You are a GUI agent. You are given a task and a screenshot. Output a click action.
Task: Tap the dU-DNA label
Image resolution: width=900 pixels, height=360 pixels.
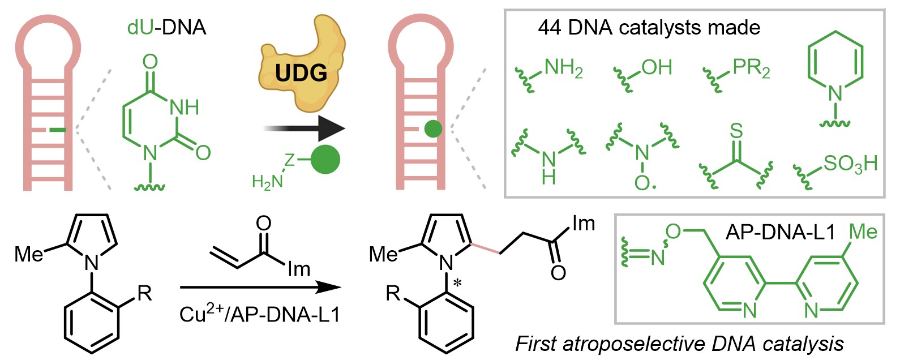166,27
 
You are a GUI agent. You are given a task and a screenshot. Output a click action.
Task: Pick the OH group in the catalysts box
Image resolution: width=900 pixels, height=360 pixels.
657,68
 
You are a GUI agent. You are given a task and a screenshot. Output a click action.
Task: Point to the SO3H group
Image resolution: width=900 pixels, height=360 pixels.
850,164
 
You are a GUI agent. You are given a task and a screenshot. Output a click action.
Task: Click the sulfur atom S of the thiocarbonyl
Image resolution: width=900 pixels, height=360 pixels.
735,131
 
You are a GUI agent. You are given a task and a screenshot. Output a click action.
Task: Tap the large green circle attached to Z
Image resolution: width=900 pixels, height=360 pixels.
325,160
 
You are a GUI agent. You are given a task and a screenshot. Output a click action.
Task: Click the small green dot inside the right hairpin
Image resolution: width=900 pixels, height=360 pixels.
433,129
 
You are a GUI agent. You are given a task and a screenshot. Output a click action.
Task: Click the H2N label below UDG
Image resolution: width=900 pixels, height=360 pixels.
267,181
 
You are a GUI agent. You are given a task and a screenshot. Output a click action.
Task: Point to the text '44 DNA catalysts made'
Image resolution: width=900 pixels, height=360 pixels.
649,28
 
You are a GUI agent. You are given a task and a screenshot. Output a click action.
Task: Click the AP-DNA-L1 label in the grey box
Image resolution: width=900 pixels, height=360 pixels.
780,232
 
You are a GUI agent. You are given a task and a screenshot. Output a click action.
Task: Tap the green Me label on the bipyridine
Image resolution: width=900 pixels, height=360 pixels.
862,232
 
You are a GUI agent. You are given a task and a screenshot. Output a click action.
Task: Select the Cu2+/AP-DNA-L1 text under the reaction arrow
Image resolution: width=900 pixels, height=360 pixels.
260,315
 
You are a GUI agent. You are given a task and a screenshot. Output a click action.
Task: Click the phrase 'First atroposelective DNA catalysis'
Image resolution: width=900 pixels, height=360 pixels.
679,344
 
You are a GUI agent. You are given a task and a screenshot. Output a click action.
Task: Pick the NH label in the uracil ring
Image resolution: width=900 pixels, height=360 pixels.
183,107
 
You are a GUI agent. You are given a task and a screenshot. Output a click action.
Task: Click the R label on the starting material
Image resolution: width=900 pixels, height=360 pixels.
145,293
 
